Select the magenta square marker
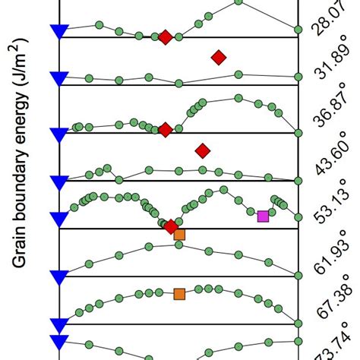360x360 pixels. [263, 216]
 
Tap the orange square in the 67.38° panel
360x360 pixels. [179, 294]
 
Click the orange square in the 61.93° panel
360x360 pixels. [179, 235]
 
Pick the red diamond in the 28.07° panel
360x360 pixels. [165, 37]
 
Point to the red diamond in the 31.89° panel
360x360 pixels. [219, 57]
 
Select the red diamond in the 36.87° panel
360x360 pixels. [165, 130]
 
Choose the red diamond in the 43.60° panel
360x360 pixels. [202, 151]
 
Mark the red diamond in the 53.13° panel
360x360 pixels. [171, 226]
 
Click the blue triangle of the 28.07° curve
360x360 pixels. [59, 30]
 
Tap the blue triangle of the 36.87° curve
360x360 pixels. [59, 134]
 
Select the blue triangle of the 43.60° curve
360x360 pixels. [59, 181]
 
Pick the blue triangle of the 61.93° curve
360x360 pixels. [59, 276]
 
